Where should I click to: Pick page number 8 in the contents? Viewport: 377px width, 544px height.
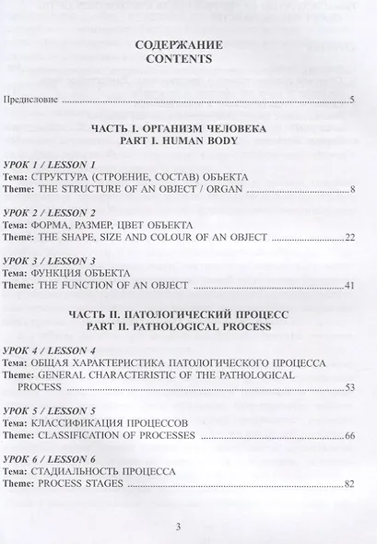pos(352,190)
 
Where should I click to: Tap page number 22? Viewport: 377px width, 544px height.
pos(349,239)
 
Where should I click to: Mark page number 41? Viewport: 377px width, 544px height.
pos(349,287)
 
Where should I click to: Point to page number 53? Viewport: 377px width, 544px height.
pos(349,386)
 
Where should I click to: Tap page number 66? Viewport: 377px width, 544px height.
pos(349,433)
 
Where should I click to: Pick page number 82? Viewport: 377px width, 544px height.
pos(349,482)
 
